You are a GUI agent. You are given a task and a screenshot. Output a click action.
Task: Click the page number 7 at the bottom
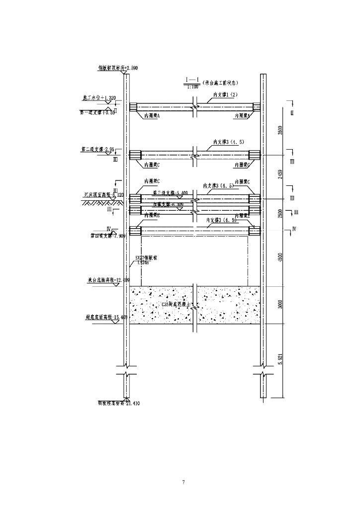tap(184, 482)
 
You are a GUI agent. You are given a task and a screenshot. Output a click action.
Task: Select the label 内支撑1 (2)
tap(226, 94)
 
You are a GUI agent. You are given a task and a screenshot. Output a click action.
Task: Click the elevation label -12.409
tap(113, 280)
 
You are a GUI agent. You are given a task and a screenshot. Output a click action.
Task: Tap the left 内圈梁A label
tap(151, 115)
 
